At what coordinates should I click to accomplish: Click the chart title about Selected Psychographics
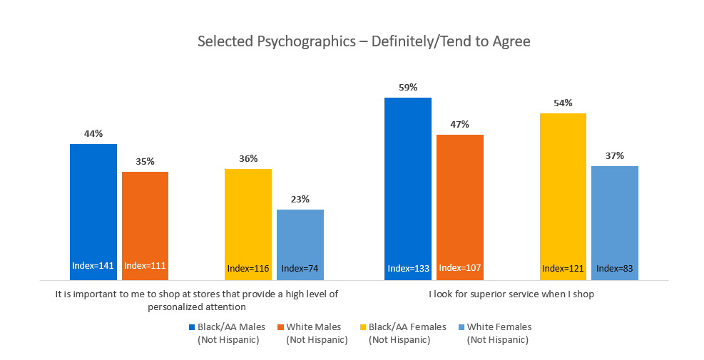point(364,41)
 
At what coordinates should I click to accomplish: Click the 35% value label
point(145,161)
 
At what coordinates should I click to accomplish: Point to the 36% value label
point(248,158)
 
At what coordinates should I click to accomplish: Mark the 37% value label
point(615,155)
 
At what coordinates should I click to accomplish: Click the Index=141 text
point(93,266)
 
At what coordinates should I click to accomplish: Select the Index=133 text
point(408,269)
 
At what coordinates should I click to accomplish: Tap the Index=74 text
point(300,269)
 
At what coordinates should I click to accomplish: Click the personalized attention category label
point(197,300)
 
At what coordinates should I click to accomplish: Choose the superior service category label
point(511,294)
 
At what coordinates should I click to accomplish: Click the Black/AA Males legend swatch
point(192,327)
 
